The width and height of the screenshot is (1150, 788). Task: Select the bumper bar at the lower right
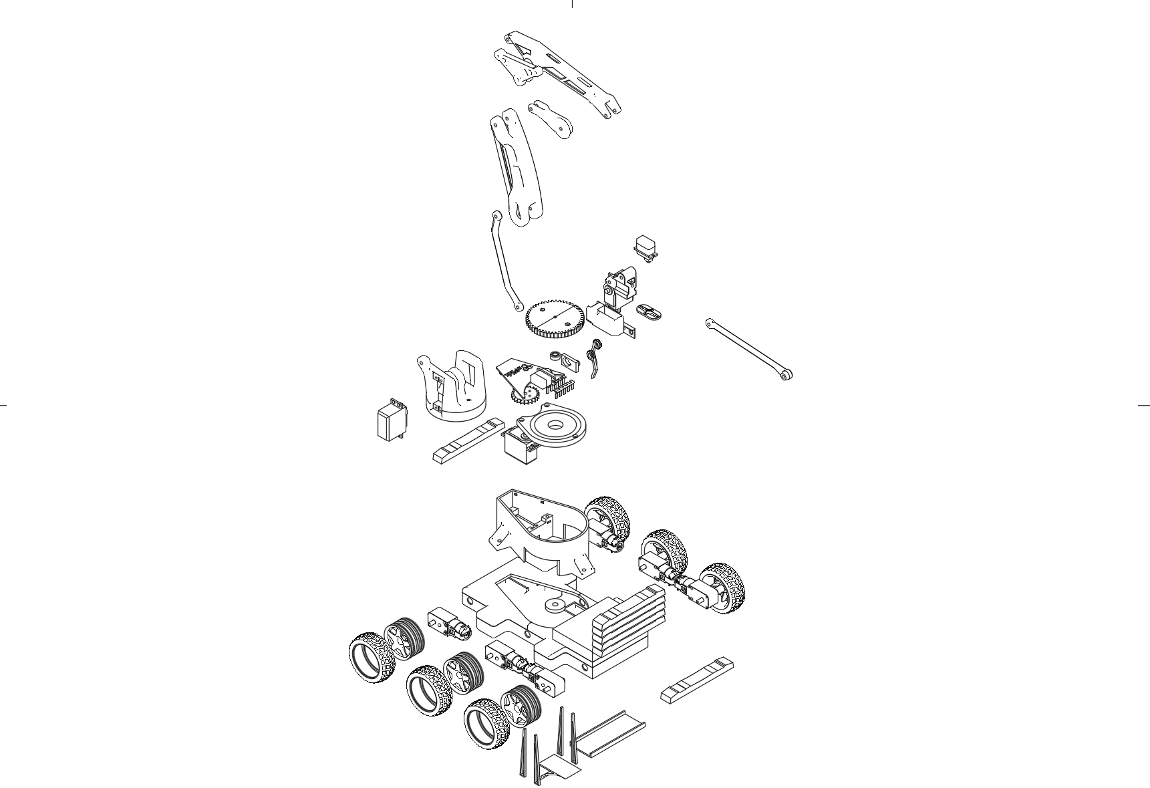tap(697, 680)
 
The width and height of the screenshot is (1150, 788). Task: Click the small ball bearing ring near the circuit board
tap(555, 356)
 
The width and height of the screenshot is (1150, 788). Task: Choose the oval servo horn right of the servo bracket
tap(648, 311)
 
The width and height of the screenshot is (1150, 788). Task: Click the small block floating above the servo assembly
tap(645, 247)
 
